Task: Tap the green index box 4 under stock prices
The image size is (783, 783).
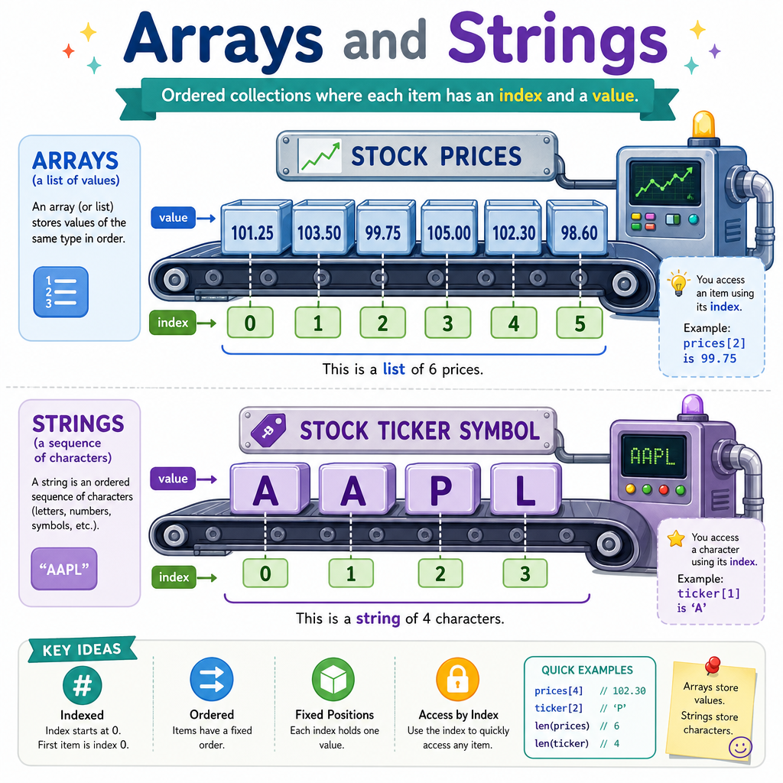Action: (514, 323)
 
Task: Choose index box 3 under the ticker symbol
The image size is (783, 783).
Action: (525, 573)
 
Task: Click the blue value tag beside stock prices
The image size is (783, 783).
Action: (173, 218)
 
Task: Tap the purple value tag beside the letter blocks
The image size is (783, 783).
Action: (173, 479)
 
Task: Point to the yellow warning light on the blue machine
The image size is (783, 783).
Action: (703, 125)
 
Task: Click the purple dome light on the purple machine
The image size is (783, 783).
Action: (692, 405)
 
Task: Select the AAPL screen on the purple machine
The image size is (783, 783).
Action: (653, 456)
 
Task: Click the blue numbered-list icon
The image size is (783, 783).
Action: (61, 292)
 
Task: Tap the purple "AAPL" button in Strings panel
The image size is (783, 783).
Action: (64, 569)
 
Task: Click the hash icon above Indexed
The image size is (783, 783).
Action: (83, 685)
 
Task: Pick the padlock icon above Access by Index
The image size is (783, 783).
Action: (457, 679)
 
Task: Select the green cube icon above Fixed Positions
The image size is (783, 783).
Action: (333, 679)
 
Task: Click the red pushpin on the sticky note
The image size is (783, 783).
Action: (713, 665)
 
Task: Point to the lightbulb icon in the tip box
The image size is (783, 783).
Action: (678, 283)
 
